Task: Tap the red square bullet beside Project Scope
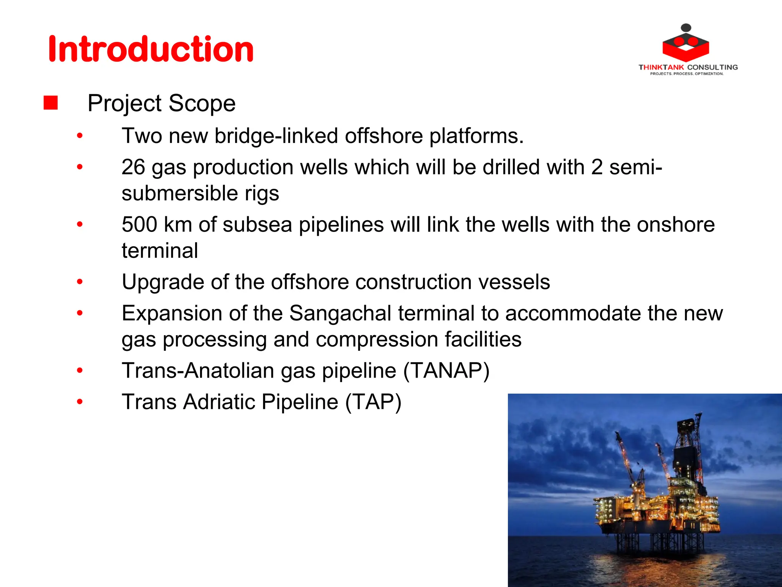[x=50, y=103]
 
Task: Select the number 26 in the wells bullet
[x=133, y=167]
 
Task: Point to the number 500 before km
[x=139, y=224]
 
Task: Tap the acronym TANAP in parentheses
[x=446, y=371]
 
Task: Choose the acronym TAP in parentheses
[x=373, y=402]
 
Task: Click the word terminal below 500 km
[x=160, y=251]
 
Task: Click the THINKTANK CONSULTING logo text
[x=688, y=67]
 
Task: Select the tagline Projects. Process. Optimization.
[x=687, y=74]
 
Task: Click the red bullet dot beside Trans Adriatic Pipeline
[x=80, y=402]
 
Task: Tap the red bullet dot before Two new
[x=80, y=136]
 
